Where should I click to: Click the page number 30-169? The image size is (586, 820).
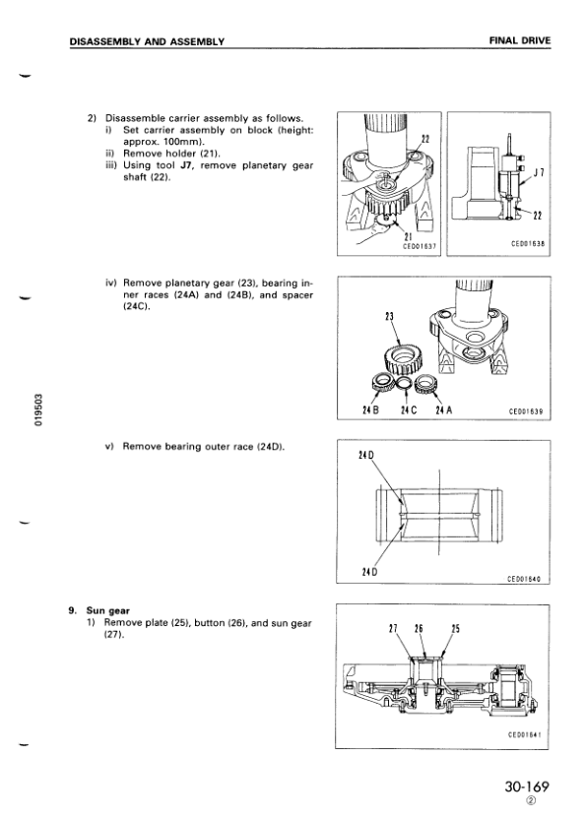click(527, 786)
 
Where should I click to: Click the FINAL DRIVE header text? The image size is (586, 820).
click(520, 40)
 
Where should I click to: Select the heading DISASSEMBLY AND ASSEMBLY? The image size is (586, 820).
click(147, 41)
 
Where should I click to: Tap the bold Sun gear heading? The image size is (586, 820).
click(107, 610)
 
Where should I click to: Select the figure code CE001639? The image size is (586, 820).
click(526, 411)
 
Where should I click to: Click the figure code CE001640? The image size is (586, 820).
click(524, 579)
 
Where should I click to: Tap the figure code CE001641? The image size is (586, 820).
click(525, 734)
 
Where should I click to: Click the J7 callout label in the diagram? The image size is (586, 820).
click(540, 172)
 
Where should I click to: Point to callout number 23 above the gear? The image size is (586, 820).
click(389, 317)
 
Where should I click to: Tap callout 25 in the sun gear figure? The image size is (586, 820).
click(455, 629)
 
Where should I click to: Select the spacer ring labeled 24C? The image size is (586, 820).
click(404, 383)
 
